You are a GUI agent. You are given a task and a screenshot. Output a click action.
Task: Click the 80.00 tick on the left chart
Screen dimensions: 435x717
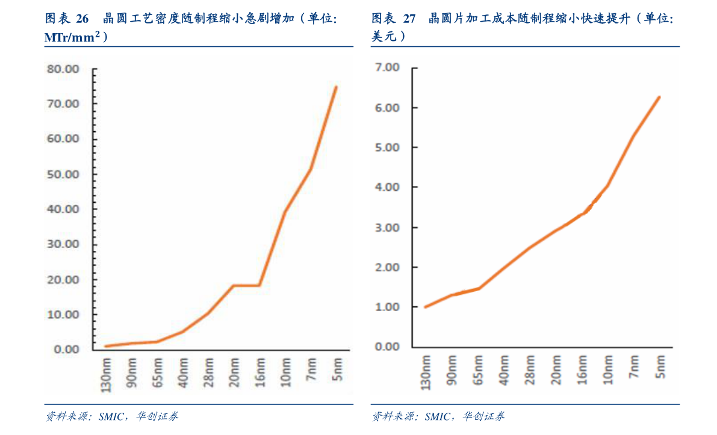click(64, 69)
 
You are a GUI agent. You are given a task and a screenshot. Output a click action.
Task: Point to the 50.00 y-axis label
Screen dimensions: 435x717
click(64, 174)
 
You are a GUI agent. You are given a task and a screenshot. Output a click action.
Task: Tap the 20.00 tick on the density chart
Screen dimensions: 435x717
click(64, 280)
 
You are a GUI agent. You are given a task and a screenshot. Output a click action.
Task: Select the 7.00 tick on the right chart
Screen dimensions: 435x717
click(386, 67)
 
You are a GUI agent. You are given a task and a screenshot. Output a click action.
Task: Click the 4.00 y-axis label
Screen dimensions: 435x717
click(386, 187)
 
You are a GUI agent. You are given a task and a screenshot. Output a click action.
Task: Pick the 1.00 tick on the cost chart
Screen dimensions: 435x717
click(386, 307)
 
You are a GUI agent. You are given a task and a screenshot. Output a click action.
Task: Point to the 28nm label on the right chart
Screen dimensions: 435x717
click(530, 369)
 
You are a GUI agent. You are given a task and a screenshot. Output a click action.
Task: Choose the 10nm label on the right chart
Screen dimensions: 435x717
click(608, 369)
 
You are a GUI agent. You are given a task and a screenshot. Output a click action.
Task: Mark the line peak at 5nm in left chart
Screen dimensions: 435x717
click(336, 87)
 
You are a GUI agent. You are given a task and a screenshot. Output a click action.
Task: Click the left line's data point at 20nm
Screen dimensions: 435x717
click(233, 285)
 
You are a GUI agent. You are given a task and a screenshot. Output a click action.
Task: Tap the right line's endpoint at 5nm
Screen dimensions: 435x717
click(660, 97)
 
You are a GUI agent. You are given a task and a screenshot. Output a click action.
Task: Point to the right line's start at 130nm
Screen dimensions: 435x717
click(426, 307)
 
